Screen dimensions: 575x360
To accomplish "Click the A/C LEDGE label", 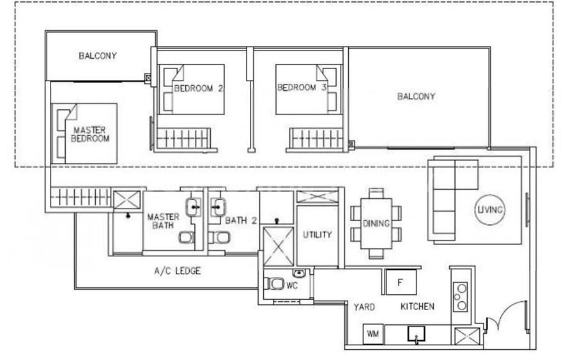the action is tap(178, 271).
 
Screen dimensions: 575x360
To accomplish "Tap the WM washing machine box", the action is tap(373, 334).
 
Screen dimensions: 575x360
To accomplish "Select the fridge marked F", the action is tap(401, 282).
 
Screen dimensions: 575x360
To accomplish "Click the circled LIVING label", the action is tap(490, 210).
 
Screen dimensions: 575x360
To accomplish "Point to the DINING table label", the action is tap(376, 224).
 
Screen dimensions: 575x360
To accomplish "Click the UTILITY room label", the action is tap(317, 235).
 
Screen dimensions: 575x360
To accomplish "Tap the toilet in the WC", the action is tap(274, 284).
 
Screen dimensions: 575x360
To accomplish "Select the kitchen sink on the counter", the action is tap(416, 334).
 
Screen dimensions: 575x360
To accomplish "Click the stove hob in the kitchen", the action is tap(460, 297).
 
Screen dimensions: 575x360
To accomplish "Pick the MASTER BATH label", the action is tap(163, 221).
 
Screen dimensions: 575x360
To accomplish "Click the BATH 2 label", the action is tap(241, 221).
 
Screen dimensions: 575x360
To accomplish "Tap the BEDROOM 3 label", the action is tap(302, 88).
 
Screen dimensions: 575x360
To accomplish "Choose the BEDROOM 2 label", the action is tap(199, 88).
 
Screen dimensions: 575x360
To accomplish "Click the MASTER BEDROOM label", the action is tap(90, 134).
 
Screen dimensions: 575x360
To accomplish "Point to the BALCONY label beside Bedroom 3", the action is tap(416, 96).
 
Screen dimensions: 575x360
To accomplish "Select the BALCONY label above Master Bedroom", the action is tap(98, 56).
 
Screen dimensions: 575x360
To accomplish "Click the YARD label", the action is tap(364, 307).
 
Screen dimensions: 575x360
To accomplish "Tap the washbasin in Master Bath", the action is tap(193, 207).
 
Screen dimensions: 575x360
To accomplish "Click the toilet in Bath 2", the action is tap(219, 237).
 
